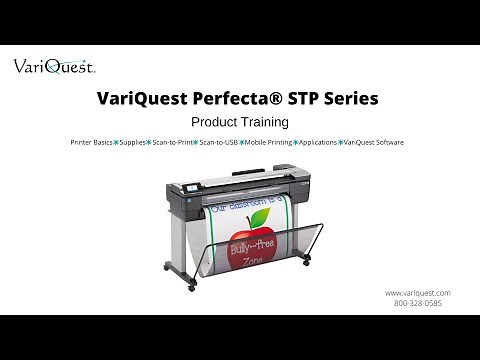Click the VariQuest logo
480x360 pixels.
pyautogui.click(x=54, y=67)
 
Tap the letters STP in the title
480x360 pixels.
pyautogui.click(x=293, y=99)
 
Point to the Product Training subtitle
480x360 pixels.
pyautogui.click(x=239, y=122)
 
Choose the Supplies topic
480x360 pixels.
pyautogui.click(x=132, y=143)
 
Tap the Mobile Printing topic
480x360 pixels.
pyautogui.click(x=268, y=143)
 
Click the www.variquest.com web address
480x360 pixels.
pyautogui.click(x=417, y=292)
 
